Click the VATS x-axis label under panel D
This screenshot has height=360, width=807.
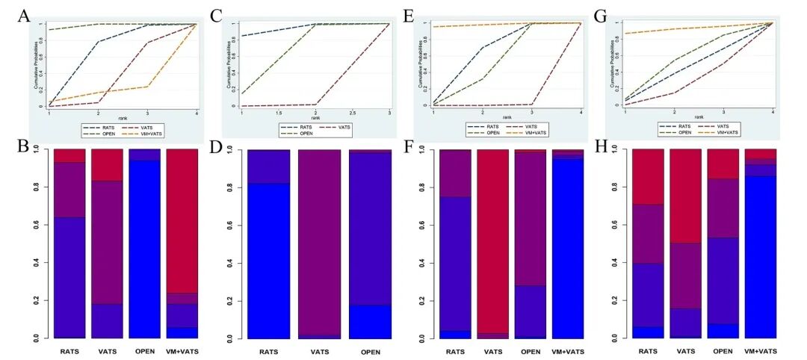tap(329, 351)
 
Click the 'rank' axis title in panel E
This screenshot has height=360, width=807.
tap(507, 117)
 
